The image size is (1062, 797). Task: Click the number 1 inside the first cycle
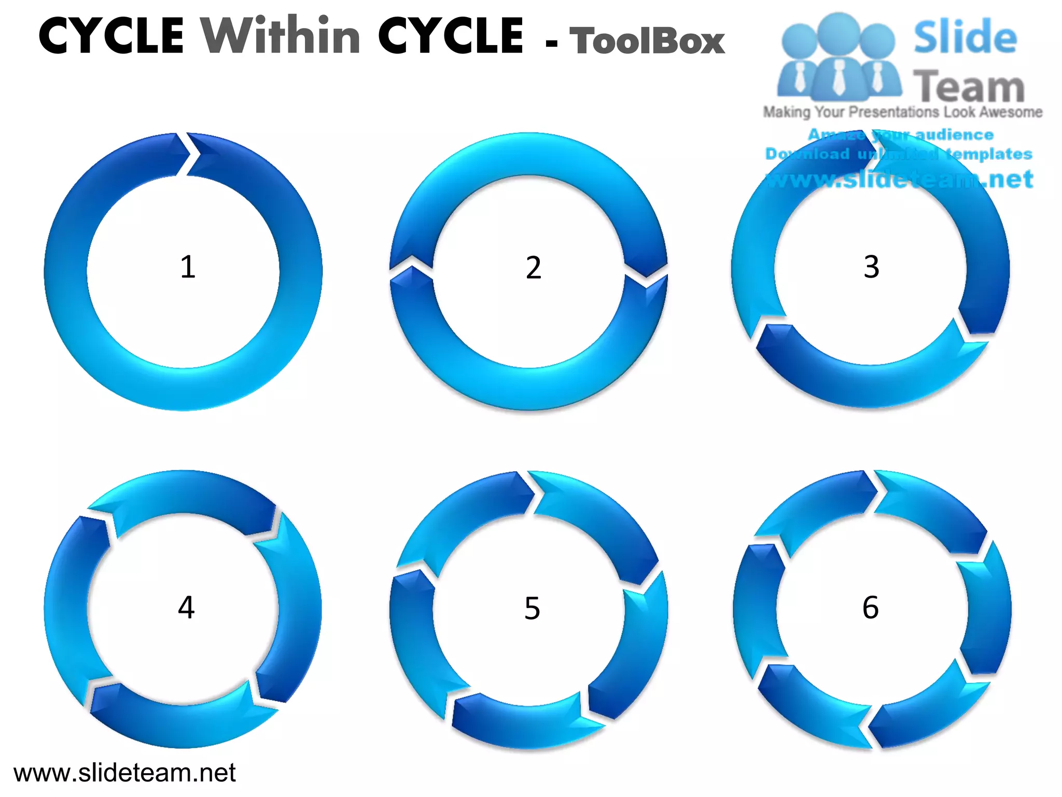[188, 267]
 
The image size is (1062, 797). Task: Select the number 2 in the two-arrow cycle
[533, 268]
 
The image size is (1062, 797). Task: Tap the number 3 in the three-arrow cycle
[871, 267]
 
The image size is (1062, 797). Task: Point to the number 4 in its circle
[186, 607]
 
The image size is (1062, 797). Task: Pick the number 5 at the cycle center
[532, 608]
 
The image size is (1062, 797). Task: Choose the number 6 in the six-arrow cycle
[871, 607]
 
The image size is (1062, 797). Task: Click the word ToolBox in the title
[647, 40]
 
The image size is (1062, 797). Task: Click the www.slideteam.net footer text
[124, 773]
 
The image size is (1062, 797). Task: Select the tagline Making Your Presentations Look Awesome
[902, 112]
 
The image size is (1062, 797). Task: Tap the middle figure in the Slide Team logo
[838, 57]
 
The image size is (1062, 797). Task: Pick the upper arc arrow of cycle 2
[529, 156]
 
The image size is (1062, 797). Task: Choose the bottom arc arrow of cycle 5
[524, 724]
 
